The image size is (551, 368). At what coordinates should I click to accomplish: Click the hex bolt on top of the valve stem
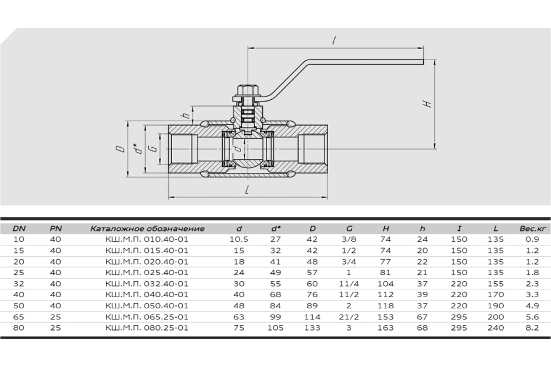point(247,90)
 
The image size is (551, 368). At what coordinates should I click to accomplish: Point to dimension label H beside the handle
point(428,104)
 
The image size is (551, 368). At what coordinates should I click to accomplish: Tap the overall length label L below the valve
point(247,190)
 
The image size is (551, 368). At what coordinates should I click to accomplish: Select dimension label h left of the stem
point(186,115)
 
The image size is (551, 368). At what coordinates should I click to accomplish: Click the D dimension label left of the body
point(120,149)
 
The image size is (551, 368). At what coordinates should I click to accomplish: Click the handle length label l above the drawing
point(334,40)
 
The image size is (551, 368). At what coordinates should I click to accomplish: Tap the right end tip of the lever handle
point(423,62)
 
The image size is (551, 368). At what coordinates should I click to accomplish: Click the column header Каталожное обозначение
point(147,229)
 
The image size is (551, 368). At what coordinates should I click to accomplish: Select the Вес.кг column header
point(533,229)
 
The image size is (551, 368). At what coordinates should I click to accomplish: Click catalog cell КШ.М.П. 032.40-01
point(147,284)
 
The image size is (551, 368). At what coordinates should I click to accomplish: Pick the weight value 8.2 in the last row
point(532,328)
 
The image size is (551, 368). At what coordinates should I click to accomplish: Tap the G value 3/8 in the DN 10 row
point(349,239)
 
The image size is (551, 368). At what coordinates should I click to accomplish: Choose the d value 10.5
point(239,239)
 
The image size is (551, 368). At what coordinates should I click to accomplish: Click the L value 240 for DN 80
point(495,328)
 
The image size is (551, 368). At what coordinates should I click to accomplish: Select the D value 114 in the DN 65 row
point(312,317)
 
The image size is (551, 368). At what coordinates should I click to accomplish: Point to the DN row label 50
point(19,306)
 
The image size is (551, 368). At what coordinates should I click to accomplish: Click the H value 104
point(385,284)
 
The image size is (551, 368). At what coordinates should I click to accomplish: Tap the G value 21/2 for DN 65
point(349,317)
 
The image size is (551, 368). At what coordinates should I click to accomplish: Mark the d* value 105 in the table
point(275,328)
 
